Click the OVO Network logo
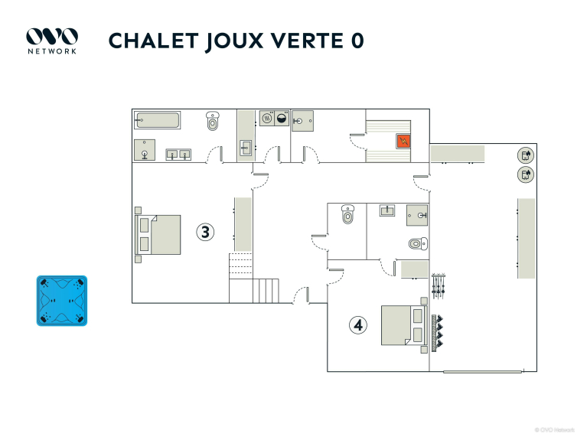tap(52, 41)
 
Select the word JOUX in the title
tap(234, 41)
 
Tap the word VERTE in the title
tap(307, 41)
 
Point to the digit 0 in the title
tap(357, 41)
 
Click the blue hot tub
tap(62, 301)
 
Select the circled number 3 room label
tap(205, 232)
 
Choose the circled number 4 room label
tap(358, 324)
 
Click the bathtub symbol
tap(157, 120)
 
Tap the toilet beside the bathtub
tap(213, 121)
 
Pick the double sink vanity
tap(178, 155)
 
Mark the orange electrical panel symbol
tap(403, 141)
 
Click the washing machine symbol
tap(282, 119)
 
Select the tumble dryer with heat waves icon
tap(267, 119)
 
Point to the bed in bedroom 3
tap(158, 235)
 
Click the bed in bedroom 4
tap(404, 325)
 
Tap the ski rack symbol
tap(438, 285)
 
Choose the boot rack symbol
tap(437, 333)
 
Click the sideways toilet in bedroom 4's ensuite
tap(418, 244)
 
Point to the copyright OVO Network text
tap(554, 430)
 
